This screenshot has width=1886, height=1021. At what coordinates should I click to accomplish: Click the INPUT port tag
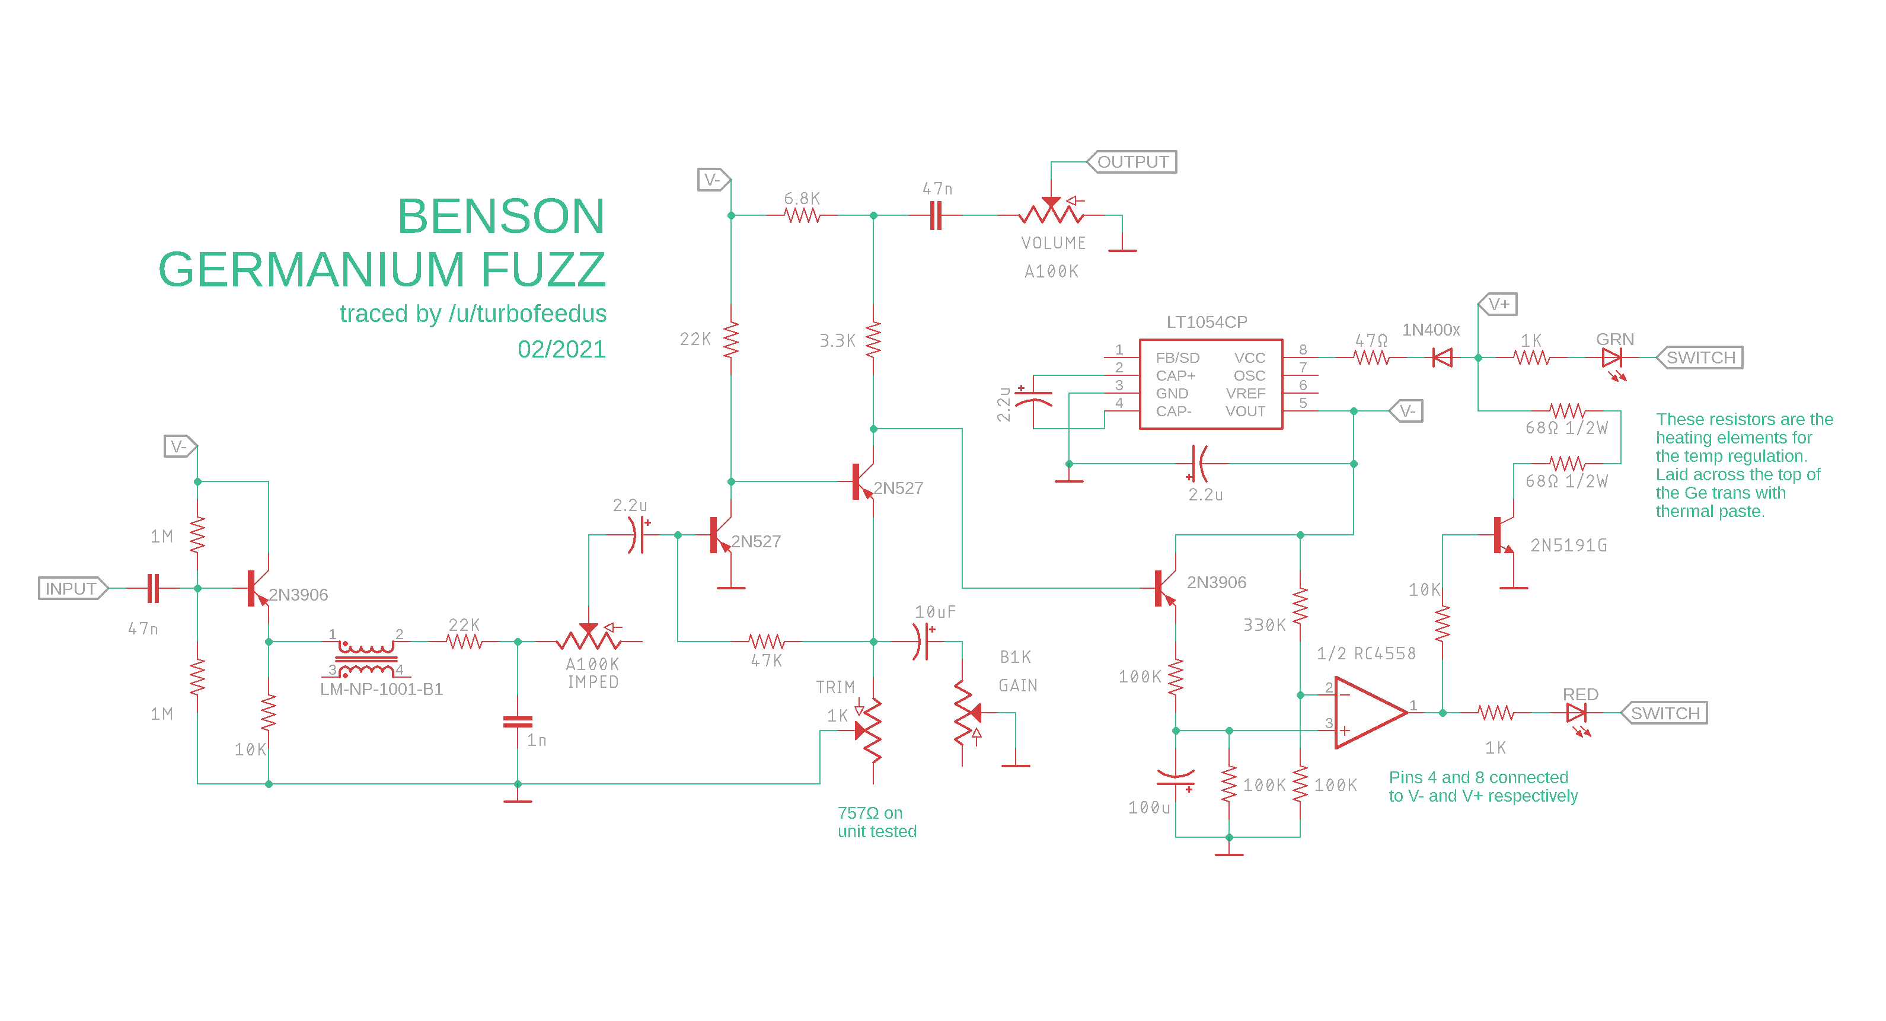pyautogui.click(x=72, y=588)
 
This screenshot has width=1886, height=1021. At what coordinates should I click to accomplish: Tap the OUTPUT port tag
pyautogui.click(x=1132, y=162)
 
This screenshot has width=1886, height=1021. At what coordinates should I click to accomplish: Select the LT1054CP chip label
pyautogui.click(x=1207, y=323)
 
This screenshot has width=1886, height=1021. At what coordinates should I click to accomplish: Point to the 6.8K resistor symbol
pyautogui.click(x=802, y=215)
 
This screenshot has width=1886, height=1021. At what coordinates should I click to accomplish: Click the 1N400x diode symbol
pyautogui.click(x=1443, y=358)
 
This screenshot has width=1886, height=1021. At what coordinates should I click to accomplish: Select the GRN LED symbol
pyautogui.click(x=1611, y=358)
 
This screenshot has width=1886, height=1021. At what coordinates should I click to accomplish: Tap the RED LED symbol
pyautogui.click(x=1575, y=713)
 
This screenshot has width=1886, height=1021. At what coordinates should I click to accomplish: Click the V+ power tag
pyautogui.click(x=1498, y=304)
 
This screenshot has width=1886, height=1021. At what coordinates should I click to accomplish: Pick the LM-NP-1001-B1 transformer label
pyautogui.click(x=381, y=689)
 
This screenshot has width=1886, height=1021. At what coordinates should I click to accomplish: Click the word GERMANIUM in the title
pyautogui.click(x=311, y=270)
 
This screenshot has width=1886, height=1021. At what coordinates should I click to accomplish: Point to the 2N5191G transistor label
pyautogui.click(x=1568, y=545)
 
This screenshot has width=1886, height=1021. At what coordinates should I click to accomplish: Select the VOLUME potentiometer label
pyautogui.click(x=1053, y=243)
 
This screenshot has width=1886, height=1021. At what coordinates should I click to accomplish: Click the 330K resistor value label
pyautogui.click(x=1265, y=625)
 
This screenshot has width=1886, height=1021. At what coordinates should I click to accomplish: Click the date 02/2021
pyautogui.click(x=561, y=349)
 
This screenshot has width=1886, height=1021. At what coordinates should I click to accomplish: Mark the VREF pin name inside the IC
pyautogui.click(x=1245, y=393)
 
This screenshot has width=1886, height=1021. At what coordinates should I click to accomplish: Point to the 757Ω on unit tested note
pyautogui.click(x=876, y=822)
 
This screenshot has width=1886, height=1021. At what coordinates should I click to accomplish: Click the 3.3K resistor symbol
pyautogui.click(x=873, y=340)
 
